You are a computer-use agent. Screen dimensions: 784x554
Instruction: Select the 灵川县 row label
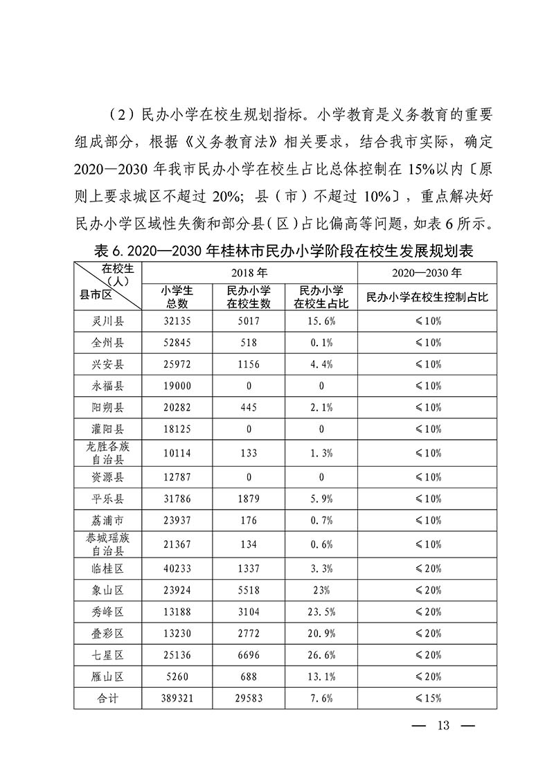[x=107, y=321]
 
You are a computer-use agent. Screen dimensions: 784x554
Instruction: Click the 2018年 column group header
[x=249, y=273]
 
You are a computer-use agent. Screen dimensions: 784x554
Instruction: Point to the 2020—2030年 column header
[x=427, y=273]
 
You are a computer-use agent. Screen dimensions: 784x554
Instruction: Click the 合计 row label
[x=107, y=698]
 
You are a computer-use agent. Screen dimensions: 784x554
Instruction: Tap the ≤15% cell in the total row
[x=427, y=698]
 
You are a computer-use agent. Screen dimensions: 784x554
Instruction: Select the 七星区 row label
[x=107, y=654]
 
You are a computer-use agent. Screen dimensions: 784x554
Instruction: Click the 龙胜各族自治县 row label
[x=107, y=453]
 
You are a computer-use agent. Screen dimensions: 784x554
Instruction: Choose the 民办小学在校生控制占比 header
[x=427, y=296]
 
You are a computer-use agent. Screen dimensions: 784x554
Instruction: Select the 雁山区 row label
[x=107, y=677]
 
